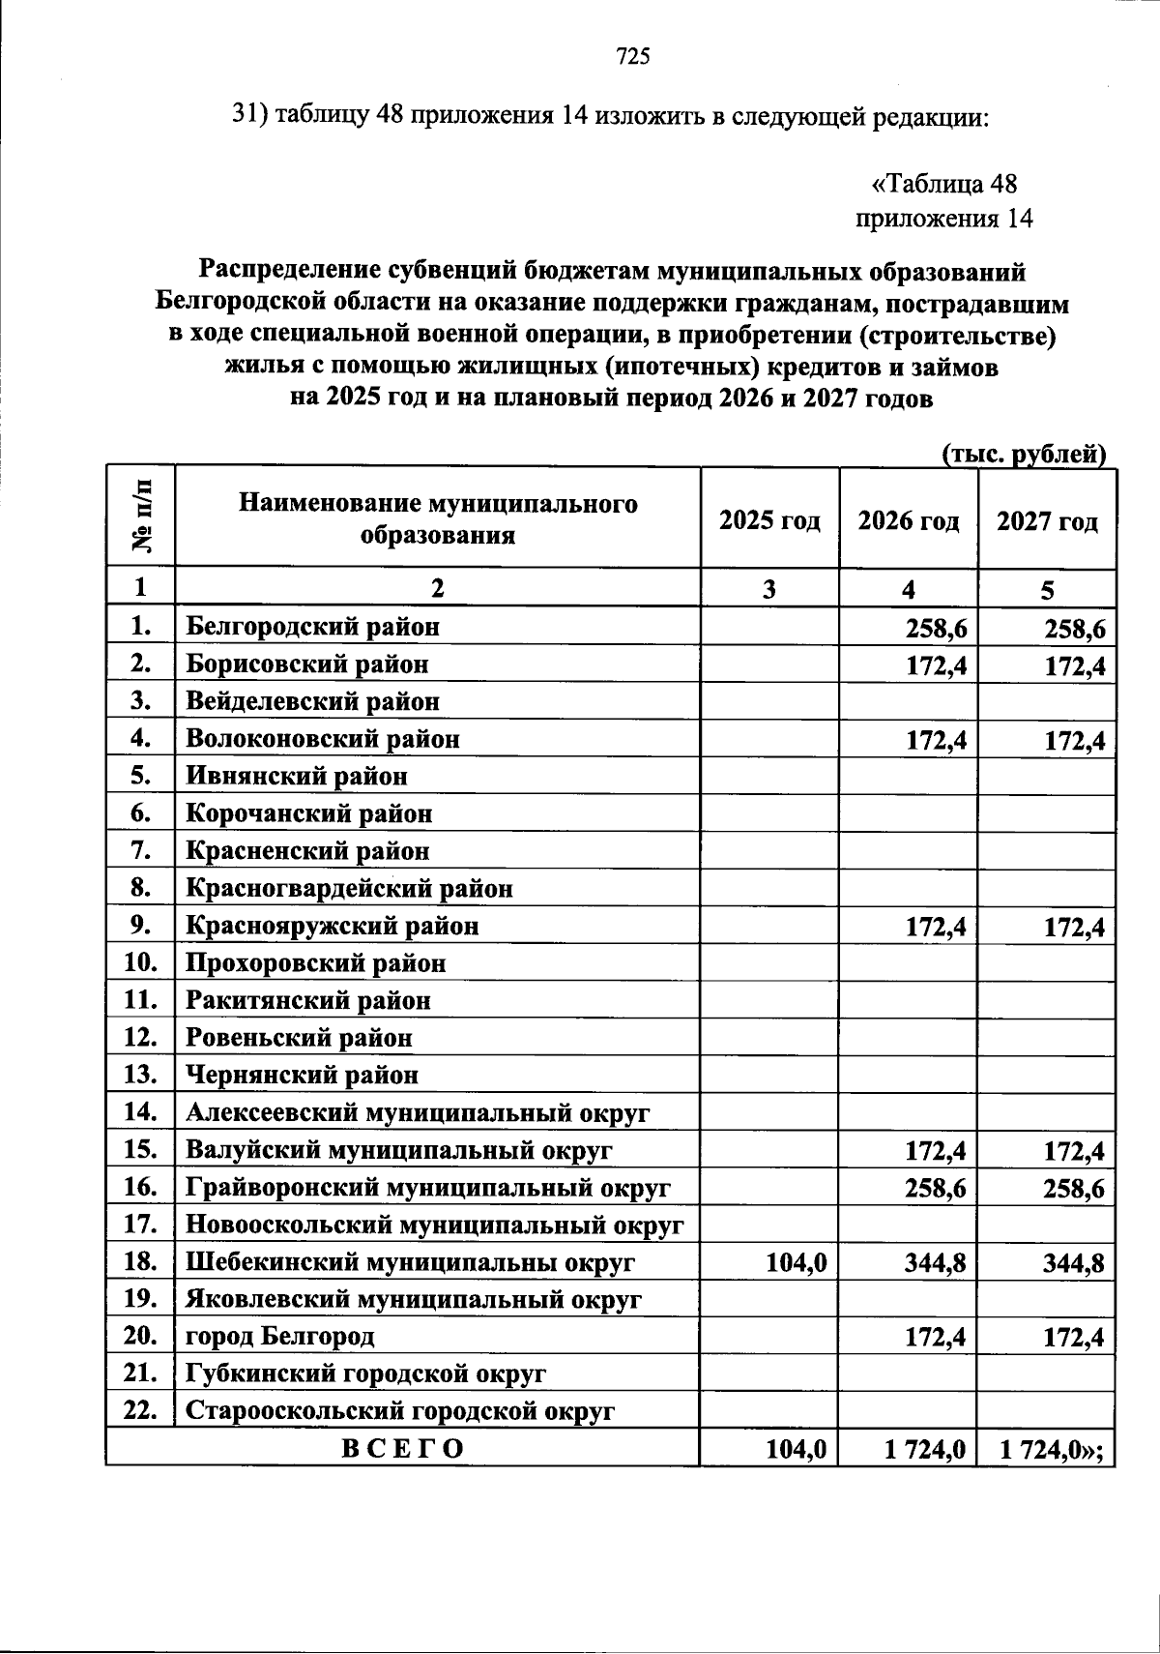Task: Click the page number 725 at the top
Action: click(632, 57)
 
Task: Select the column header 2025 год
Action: click(769, 521)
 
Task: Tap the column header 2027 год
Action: click(1047, 521)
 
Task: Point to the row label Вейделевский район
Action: click(312, 701)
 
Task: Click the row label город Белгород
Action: click(280, 1338)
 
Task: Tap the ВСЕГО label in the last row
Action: click(403, 1449)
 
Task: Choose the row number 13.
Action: click(141, 1075)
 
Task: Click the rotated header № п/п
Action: click(141, 517)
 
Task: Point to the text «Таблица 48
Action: click(944, 184)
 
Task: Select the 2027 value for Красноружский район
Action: click(1073, 929)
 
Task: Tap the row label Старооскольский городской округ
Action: click(399, 1411)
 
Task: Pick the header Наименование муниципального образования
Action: click(438, 519)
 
